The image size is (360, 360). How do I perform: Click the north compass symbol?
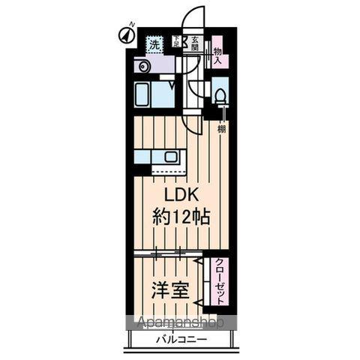pyautogui.click(x=124, y=34)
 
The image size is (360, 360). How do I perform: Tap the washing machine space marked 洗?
pyautogui.click(x=154, y=43)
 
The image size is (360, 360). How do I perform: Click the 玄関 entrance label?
pyautogui.click(x=194, y=43)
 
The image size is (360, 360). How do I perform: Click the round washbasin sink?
pyautogui.click(x=142, y=67)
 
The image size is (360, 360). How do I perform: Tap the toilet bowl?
pyautogui.click(x=220, y=95)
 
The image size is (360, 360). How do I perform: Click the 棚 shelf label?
pyautogui.click(x=221, y=130)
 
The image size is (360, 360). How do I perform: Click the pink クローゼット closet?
pyautogui.click(x=218, y=280)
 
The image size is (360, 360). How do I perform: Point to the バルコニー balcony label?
pyautogui.click(x=181, y=340)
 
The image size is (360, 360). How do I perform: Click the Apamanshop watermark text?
pyautogui.click(x=180, y=323)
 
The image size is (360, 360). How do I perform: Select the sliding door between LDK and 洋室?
pyautogui.click(x=166, y=254)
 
